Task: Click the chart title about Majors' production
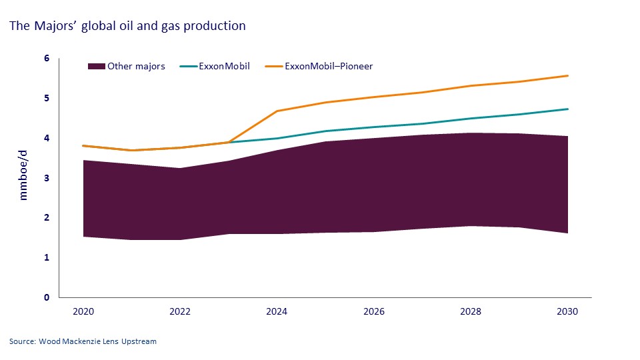(127, 27)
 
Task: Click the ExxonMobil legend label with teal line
(224, 66)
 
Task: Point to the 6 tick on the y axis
(47, 59)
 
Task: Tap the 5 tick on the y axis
(47, 98)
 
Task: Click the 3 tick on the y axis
(47, 178)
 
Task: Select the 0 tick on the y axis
(47, 297)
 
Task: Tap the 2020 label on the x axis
(83, 311)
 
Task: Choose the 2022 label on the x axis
(179, 311)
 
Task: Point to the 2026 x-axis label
(373, 311)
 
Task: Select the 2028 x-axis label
(470, 311)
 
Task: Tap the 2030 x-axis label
(567, 311)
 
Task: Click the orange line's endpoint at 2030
(567, 75)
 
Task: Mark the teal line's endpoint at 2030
(567, 109)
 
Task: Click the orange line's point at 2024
(277, 111)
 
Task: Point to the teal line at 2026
(373, 127)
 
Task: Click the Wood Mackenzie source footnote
(83, 341)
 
